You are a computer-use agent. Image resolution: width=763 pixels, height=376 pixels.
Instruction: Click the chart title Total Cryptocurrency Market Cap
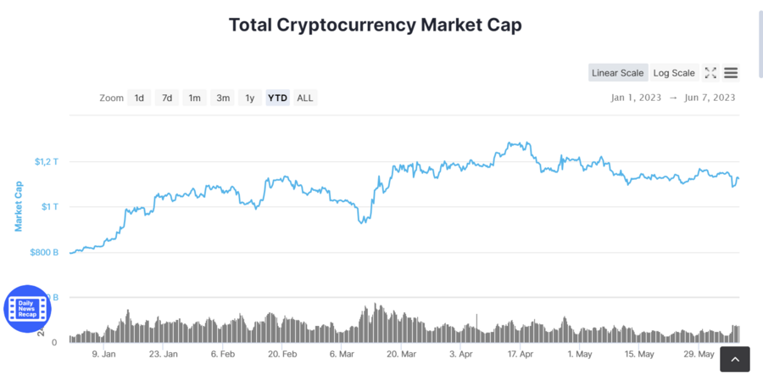[375, 25]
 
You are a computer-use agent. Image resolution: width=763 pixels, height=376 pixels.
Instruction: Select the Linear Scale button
[618, 73]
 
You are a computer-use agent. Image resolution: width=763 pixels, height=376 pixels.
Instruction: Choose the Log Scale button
[674, 73]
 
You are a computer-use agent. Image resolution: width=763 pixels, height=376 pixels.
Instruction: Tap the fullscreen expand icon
[710, 73]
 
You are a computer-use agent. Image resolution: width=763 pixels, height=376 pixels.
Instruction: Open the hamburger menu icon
[731, 73]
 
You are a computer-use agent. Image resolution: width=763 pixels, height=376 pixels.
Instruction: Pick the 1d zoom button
[139, 98]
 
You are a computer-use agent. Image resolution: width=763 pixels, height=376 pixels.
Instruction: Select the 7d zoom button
[167, 98]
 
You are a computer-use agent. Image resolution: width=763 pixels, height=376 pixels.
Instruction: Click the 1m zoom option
[194, 98]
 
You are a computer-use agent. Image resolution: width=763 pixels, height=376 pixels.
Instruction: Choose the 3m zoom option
[223, 98]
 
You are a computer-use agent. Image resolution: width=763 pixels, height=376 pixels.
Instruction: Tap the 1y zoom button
[249, 98]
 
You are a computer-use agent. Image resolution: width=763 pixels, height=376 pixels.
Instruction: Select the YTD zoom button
[277, 98]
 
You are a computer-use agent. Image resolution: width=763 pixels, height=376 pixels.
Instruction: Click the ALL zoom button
[305, 98]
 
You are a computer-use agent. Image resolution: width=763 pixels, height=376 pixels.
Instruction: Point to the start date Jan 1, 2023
[636, 98]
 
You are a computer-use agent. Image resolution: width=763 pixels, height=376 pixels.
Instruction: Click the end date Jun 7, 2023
[710, 98]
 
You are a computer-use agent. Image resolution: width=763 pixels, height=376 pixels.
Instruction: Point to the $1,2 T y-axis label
[46, 161]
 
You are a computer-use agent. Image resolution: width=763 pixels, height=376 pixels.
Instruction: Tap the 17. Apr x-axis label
[519, 354]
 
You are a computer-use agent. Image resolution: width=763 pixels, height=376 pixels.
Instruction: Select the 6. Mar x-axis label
[341, 354]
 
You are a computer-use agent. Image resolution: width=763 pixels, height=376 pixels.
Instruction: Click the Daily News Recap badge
[27, 308]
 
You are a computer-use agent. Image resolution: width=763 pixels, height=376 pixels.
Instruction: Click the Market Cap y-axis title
[18, 205]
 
